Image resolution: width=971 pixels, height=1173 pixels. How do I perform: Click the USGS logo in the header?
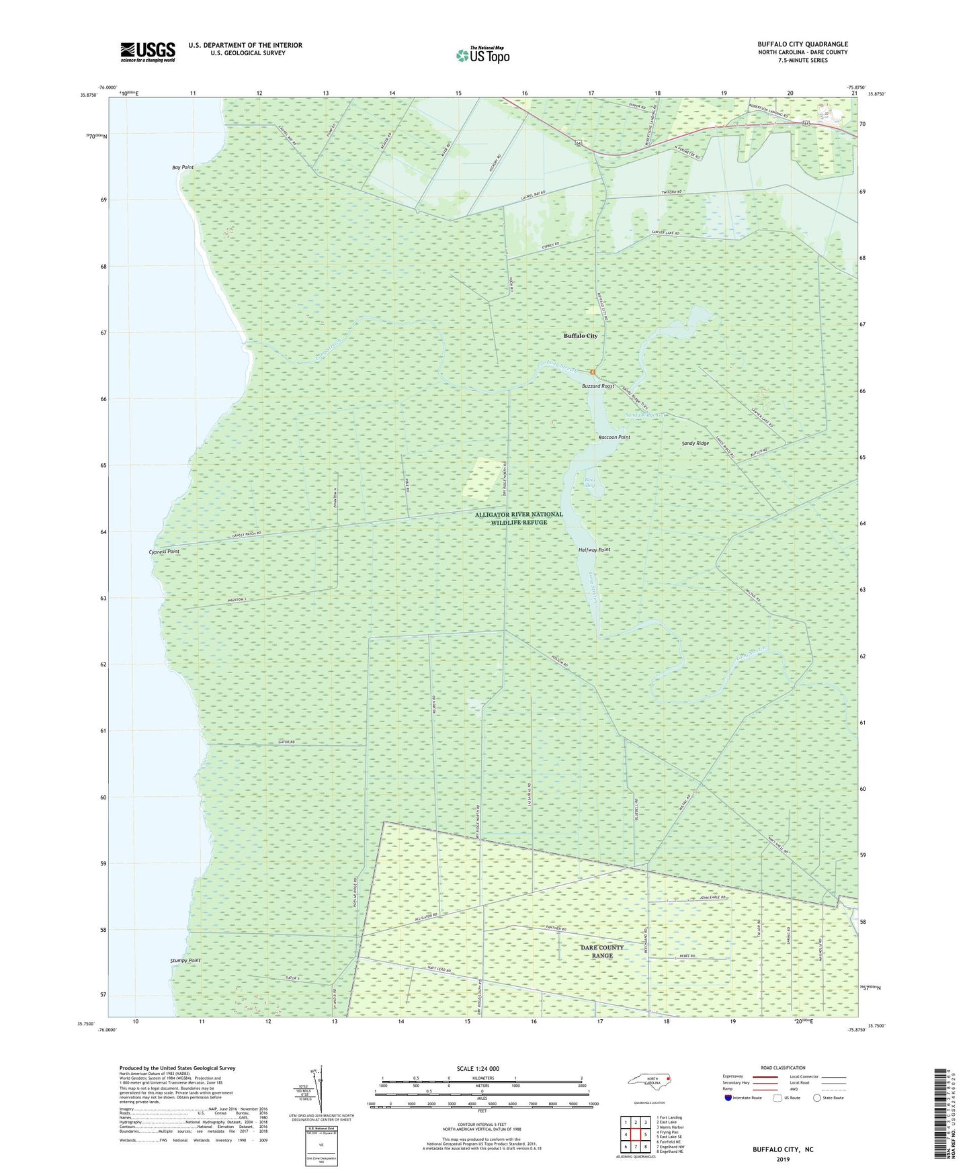tap(148, 52)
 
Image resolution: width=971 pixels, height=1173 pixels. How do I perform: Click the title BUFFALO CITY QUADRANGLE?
tap(802, 44)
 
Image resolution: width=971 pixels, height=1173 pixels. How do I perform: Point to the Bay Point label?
tap(183, 167)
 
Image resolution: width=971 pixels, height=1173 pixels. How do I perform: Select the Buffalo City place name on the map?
tap(580, 336)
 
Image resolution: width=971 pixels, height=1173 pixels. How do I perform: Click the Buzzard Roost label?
tap(598, 386)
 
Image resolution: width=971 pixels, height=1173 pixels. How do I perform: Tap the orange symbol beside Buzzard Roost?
tap(593, 372)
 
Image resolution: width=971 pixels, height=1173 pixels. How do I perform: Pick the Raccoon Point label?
tap(614, 437)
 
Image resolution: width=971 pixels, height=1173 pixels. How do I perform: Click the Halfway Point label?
tap(594, 550)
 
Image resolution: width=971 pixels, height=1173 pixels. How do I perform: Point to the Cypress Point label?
tap(164, 552)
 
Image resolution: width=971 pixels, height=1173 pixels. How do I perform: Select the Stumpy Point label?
tap(185, 961)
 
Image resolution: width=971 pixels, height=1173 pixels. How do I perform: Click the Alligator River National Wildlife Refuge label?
tap(519, 518)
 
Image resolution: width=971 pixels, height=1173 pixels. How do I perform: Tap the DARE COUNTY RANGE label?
tap(602, 951)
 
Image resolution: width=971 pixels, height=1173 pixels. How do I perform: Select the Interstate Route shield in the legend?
tap(729, 1098)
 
